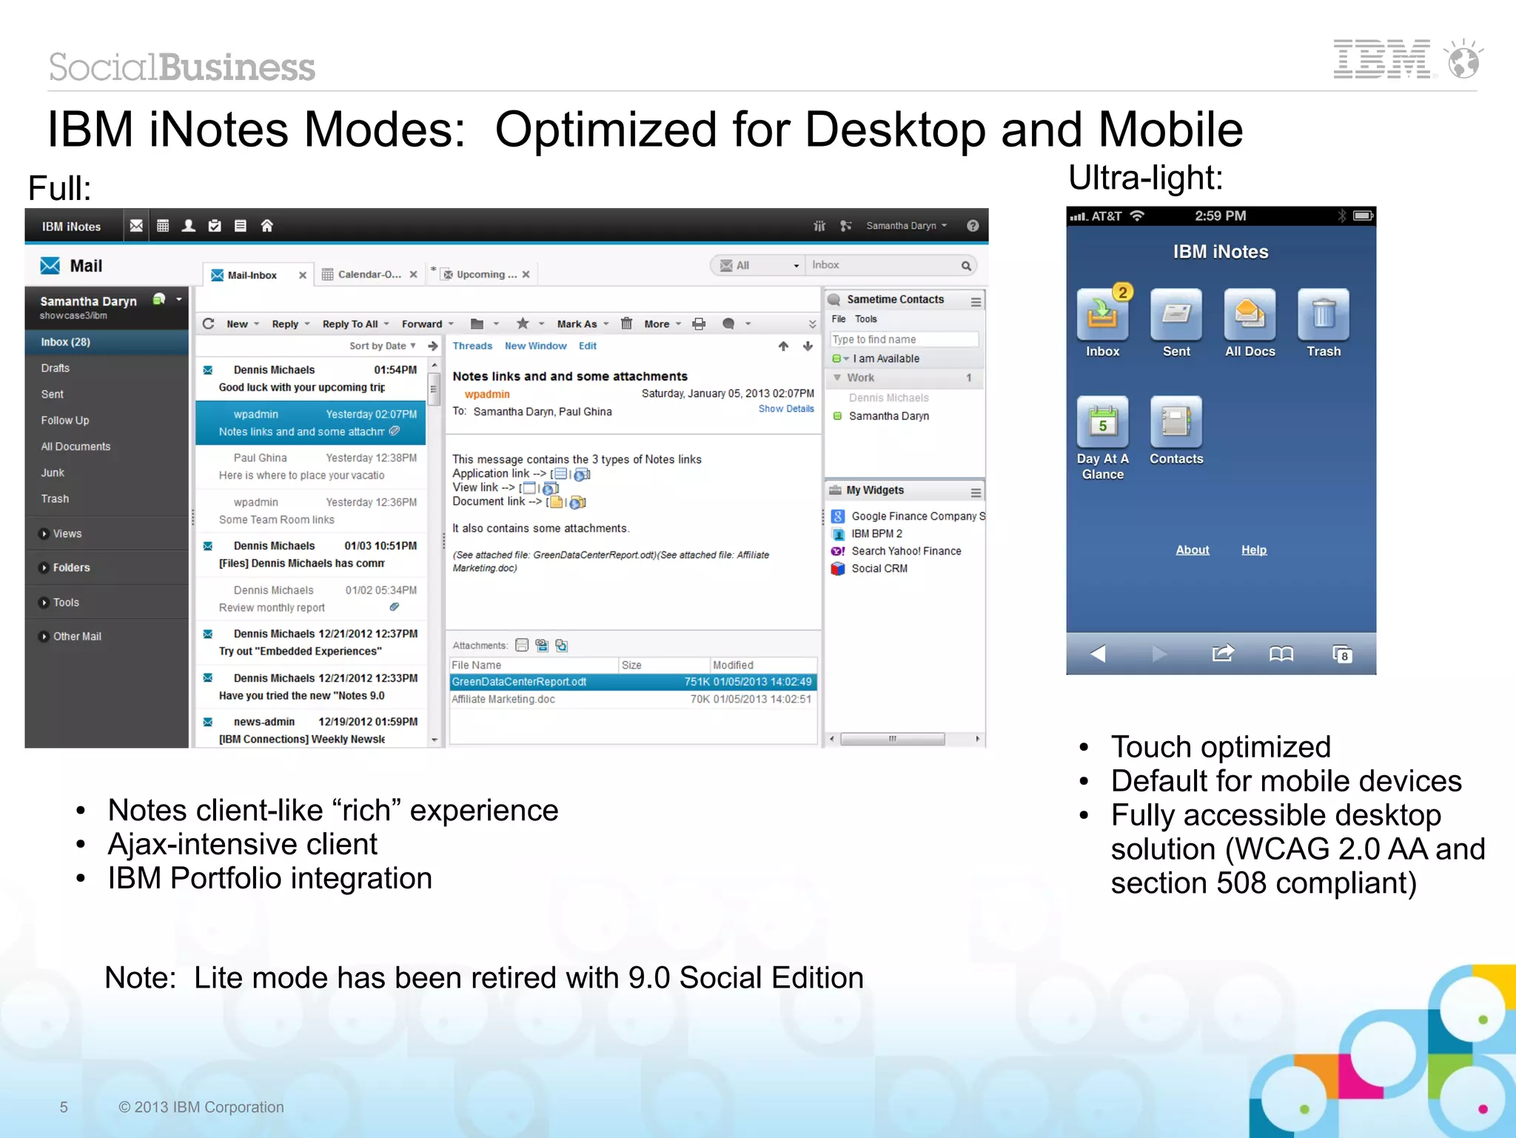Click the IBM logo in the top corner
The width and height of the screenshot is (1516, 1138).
click(1381, 59)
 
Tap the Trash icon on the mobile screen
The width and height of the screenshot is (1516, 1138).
click(1324, 315)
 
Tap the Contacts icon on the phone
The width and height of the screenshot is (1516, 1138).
click(1176, 422)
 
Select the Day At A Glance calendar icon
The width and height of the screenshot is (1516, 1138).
click(1103, 422)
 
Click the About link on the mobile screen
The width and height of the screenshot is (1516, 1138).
click(1192, 550)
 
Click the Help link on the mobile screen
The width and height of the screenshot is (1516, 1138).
click(1254, 550)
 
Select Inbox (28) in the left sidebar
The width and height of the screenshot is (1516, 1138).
click(66, 342)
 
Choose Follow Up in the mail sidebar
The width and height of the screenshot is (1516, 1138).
click(65, 421)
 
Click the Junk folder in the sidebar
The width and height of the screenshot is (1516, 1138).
click(53, 473)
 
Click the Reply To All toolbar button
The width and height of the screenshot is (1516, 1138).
click(351, 324)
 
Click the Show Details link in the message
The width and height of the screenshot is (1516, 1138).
click(785, 409)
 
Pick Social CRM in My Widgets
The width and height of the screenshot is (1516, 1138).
click(879, 569)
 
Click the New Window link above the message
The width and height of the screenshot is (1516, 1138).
click(535, 346)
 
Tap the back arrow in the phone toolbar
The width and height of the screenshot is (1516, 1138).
click(1098, 654)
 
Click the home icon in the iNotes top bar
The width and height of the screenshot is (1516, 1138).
click(267, 226)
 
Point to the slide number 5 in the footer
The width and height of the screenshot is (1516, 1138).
click(64, 1107)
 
